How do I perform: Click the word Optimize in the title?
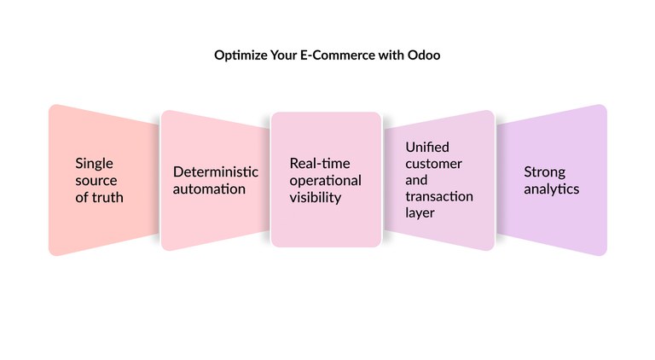coord(239,55)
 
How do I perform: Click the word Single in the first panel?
coord(94,163)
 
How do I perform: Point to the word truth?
coord(107,197)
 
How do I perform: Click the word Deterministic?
coord(216,171)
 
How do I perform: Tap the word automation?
coord(209,189)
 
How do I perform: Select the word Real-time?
coord(320,163)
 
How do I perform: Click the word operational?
coord(326,180)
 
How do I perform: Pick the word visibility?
coord(316,197)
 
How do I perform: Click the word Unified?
coord(427,147)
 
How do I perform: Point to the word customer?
coord(433,163)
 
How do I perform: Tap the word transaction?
coord(439,196)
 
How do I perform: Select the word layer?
coord(420,212)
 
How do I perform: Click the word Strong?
coord(544,171)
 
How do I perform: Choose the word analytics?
coord(551,189)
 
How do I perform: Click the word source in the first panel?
coord(96,180)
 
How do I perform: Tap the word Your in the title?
coord(281,55)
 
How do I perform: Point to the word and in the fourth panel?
coord(416,180)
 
